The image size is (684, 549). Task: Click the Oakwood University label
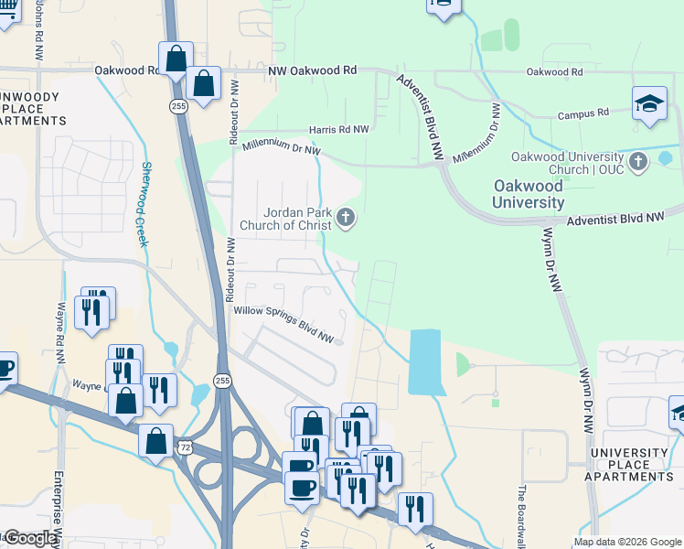point(529,193)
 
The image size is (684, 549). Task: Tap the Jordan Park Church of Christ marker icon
point(345,218)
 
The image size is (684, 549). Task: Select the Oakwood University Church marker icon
point(639,162)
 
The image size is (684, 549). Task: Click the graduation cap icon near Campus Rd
point(649,102)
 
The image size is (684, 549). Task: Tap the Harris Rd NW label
point(338,130)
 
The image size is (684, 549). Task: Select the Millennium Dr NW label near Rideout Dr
point(283,146)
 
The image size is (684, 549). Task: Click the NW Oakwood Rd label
point(312,70)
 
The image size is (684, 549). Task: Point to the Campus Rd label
point(583,113)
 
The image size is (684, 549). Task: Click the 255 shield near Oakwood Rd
point(175,107)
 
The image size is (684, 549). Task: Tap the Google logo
point(29,538)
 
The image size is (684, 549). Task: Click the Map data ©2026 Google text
point(627,542)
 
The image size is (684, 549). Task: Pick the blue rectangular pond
point(424,361)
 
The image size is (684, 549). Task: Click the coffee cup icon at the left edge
point(5,369)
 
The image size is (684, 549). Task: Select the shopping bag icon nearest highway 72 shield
point(156,442)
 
